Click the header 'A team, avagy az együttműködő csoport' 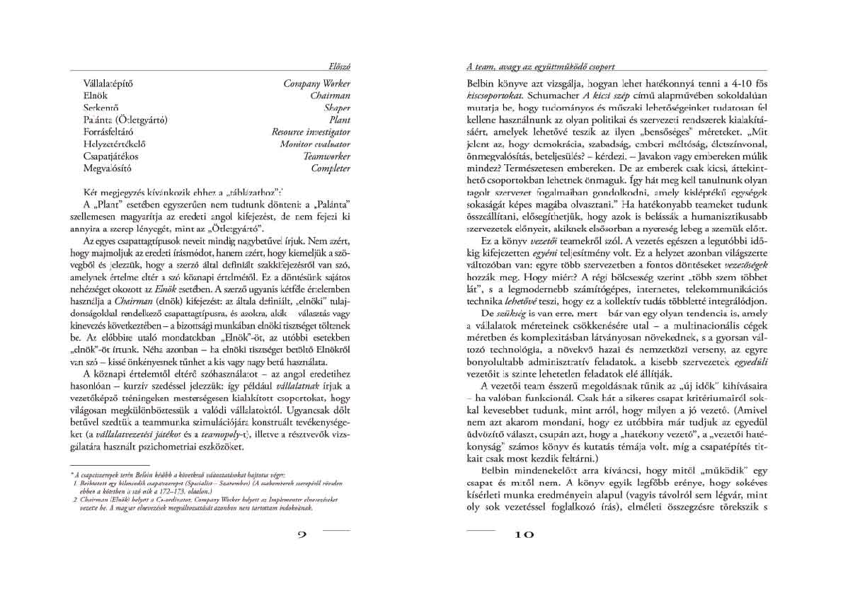pos(541,66)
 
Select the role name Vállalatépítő pos(108,84)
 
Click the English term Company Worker pos(316,84)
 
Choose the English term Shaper pos(337,108)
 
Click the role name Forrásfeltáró pos(108,132)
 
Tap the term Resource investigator pos(311,132)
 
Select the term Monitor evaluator pos(315,144)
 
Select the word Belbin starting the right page pos(481,84)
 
